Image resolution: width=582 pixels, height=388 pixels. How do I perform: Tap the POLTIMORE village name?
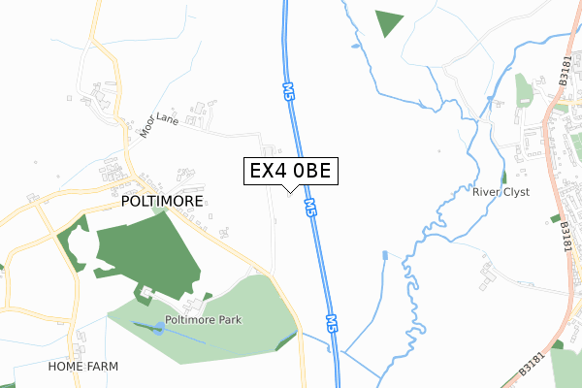pos(162,202)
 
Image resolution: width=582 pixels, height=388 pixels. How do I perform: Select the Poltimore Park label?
pos(203,319)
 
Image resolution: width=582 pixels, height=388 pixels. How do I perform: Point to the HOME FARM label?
pos(84,368)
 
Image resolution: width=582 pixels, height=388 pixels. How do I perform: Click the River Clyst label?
pos(501,192)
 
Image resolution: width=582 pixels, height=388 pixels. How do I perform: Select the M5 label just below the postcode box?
pos(309,207)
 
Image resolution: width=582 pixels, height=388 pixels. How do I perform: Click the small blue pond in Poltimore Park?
pos(158,328)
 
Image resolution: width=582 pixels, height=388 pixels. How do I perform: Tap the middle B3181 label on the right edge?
pos(565,236)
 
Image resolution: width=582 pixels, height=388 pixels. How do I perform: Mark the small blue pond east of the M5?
pos(384,255)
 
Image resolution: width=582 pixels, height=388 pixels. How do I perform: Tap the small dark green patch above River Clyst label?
pos(504,177)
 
